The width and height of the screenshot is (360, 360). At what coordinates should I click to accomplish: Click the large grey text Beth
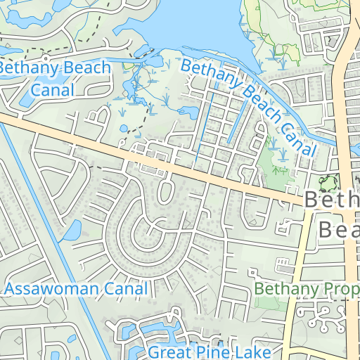332,200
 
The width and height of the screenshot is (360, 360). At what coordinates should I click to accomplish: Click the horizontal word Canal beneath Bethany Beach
53,89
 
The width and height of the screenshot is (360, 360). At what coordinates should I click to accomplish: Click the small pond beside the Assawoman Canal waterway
72,229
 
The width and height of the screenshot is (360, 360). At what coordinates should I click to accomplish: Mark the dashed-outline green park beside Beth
327,184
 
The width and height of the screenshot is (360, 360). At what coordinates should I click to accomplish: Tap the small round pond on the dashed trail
124,129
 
